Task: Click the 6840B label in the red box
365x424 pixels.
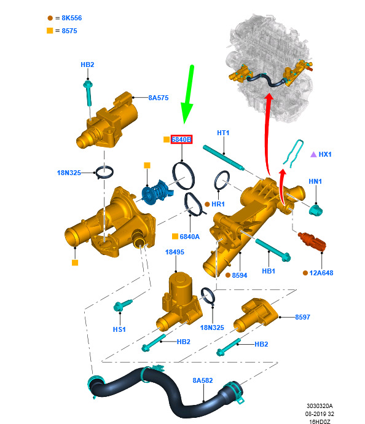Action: click(181, 139)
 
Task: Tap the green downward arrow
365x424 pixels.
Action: click(189, 94)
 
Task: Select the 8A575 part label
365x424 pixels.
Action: click(159, 98)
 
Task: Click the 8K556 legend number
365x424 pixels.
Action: click(72, 18)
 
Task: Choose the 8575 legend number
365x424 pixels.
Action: click(69, 31)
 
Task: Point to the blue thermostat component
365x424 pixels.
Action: click(157, 192)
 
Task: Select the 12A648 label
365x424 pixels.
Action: click(321, 273)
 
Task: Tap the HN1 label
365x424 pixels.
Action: click(315, 181)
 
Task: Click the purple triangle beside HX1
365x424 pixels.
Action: click(313, 154)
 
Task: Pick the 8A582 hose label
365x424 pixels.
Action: click(203, 380)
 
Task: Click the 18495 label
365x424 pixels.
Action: click(175, 252)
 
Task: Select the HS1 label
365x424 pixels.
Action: click(119, 329)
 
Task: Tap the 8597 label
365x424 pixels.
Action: click(302, 317)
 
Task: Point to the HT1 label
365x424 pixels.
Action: click(223, 133)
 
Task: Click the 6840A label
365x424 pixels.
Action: click(189, 237)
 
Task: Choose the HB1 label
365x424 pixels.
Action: click(269, 271)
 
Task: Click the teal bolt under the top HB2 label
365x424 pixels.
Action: click(88, 93)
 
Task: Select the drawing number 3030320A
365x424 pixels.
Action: click(320, 406)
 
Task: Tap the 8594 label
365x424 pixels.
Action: click(240, 275)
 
